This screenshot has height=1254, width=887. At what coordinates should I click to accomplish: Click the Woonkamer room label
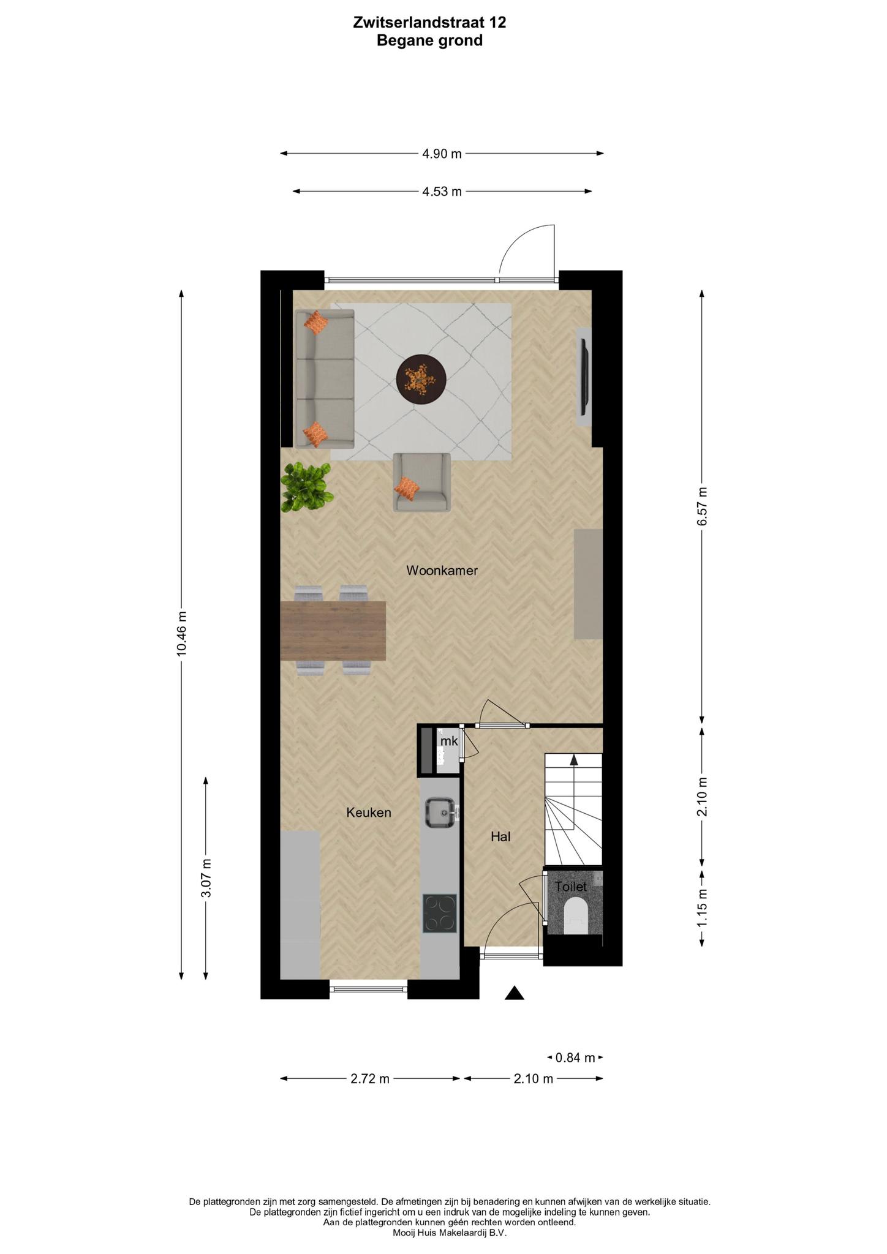click(x=442, y=571)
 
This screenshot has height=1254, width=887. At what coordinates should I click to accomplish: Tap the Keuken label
click(x=369, y=813)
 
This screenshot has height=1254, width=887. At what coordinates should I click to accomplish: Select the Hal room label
click(x=500, y=836)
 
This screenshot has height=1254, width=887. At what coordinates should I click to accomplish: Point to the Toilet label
click(x=571, y=886)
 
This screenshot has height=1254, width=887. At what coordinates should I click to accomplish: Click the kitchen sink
click(x=441, y=813)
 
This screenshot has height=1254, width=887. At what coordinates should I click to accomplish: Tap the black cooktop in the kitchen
click(x=440, y=914)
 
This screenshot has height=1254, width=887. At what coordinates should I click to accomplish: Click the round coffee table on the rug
click(x=421, y=378)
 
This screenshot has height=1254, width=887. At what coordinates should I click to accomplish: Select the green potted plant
click(x=306, y=487)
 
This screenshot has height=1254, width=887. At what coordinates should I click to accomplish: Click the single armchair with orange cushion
click(x=421, y=482)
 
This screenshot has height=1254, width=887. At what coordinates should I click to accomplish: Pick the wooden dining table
click(x=333, y=631)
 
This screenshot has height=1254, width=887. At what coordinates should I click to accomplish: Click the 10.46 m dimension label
click(x=181, y=634)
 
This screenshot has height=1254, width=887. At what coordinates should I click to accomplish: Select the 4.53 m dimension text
click(x=442, y=192)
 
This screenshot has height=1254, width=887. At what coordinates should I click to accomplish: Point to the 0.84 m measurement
click(x=575, y=1057)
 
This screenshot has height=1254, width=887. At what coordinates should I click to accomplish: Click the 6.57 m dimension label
click(x=702, y=506)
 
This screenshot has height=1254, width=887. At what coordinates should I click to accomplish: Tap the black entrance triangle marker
click(x=515, y=993)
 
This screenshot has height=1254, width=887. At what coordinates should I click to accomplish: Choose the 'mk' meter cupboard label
click(x=449, y=741)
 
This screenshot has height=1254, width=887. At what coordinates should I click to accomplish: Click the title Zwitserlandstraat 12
click(x=430, y=23)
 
